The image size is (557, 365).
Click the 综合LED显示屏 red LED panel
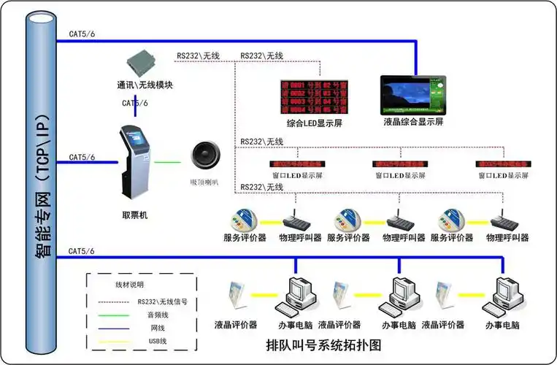315,95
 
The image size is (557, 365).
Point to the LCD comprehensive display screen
413,95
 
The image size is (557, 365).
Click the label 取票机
135,215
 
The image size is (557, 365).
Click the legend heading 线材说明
130,284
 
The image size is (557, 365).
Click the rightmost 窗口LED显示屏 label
504,176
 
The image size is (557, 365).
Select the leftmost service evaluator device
245,218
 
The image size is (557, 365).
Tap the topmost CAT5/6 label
82,34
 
